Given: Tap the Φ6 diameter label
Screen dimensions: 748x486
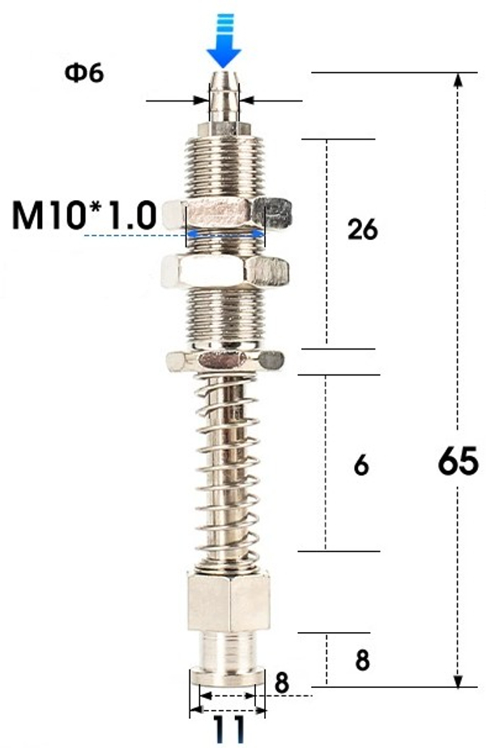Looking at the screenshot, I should point(84,74).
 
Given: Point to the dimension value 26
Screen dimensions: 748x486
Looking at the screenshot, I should point(361,230).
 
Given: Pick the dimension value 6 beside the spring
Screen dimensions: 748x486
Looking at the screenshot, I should point(361,466).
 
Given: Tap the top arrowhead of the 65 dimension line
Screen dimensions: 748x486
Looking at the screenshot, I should point(459,81).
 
